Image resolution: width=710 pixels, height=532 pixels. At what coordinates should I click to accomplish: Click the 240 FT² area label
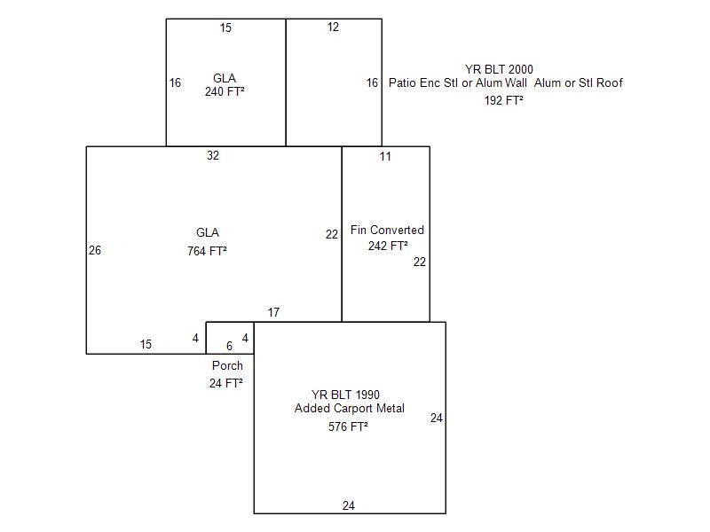click(x=225, y=91)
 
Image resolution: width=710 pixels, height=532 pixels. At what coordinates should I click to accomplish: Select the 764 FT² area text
click(x=207, y=251)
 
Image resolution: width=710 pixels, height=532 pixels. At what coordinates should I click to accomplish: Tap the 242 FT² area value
click(x=388, y=246)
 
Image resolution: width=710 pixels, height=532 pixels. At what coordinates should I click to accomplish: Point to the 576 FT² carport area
click(x=348, y=426)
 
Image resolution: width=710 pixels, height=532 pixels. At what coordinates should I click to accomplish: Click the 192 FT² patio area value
click(x=503, y=100)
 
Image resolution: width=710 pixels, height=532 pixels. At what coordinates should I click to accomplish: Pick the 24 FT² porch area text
click(x=226, y=383)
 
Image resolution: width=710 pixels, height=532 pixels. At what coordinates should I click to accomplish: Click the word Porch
click(x=227, y=365)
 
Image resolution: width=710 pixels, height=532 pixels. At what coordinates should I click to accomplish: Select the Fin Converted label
click(x=387, y=230)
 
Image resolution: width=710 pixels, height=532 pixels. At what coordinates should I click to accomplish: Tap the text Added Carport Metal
click(x=350, y=408)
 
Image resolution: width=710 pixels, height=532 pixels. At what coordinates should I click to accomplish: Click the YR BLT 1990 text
click(x=345, y=395)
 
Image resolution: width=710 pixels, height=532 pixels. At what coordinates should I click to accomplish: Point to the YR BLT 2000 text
click(x=499, y=69)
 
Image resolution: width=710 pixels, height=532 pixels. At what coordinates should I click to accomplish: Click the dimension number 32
click(x=213, y=156)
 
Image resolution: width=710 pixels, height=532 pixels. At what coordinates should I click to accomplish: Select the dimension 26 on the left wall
click(x=95, y=250)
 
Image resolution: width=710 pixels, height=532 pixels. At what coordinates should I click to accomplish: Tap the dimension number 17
click(x=273, y=312)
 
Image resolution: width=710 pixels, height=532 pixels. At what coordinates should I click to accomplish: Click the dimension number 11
click(x=385, y=157)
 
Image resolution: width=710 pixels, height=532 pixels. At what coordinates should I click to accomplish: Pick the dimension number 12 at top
click(x=333, y=27)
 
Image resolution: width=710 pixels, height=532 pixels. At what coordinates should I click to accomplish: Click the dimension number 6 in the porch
click(x=229, y=346)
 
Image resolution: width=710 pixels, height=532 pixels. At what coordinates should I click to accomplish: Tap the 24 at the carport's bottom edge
click(x=348, y=505)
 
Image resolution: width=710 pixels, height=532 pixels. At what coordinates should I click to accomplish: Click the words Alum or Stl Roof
click(x=579, y=82)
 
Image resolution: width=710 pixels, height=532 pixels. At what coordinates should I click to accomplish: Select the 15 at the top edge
click(x=225, y=28)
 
